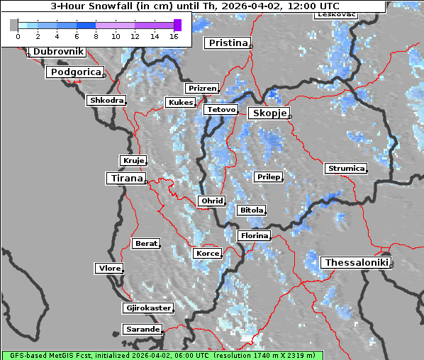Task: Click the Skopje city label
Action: (x=268, y=113)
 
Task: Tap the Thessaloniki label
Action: (x=357, y=263)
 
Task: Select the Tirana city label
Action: (x=125, y=179)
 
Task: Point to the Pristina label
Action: (x=228, y=43)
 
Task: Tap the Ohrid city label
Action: (x=212, y=201)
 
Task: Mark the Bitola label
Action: (x=251, y=210)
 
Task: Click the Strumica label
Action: (x=346, y=169)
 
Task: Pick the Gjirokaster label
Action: (x=147, y=308)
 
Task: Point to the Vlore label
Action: (x=108, y=268)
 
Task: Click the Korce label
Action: (x=207, y=253)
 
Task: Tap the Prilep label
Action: (x=268, y=176)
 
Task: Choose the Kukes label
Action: (x=180, y=103)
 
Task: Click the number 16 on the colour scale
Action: (x=173, y=35)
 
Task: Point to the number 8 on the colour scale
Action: (x=96, y=35)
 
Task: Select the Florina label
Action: (x=254, y=235)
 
